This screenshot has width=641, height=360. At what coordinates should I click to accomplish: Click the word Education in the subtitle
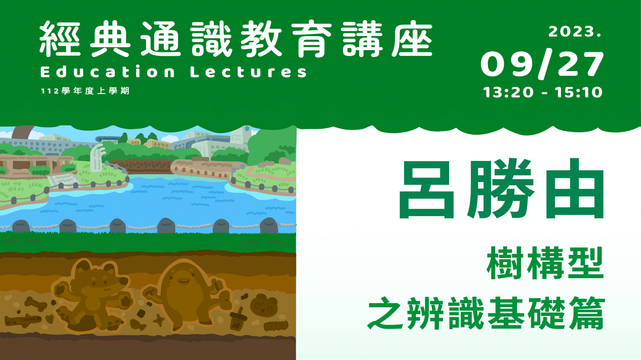coord(108,72)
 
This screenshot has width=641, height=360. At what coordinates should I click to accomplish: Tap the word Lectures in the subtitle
coord(248,72)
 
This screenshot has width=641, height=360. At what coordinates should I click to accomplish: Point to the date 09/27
coord(542,64)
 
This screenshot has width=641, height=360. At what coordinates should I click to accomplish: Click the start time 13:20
coord(508,92)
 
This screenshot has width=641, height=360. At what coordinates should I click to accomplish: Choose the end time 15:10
coord(579,92)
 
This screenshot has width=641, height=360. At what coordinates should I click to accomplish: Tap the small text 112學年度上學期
coord(85,91)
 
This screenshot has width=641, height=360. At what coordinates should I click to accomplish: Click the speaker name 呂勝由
coord(501,189)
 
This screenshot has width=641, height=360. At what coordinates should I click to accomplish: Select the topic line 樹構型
coord(545,263)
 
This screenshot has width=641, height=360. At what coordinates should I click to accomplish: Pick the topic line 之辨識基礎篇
coord(486,313)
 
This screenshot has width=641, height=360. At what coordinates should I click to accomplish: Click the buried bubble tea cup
coord(238,319)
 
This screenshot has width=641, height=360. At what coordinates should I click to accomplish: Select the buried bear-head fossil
coord(263,305)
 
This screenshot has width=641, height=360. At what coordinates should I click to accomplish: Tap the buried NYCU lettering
coord(275,325)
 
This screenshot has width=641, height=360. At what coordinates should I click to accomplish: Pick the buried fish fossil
coord(138,324)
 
